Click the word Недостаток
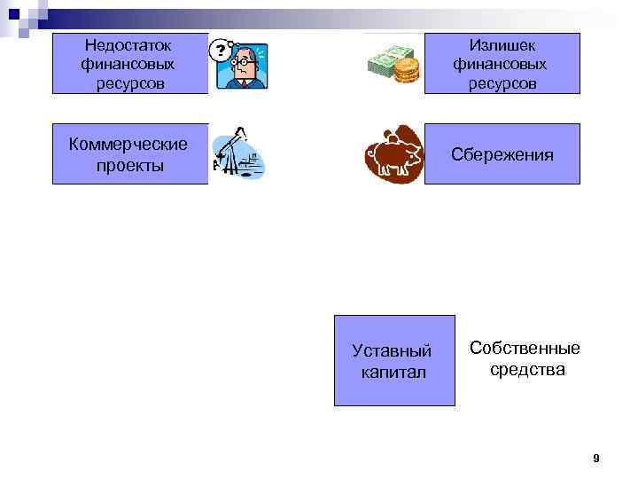coord(128,44)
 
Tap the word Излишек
coord(502,44)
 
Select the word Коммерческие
coord(128,144)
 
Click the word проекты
coord(130,165)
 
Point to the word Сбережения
coord(502,154)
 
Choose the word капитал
coord(393,372)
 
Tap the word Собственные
coord(525,348)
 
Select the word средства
coord(527,369)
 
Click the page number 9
coord(595,459)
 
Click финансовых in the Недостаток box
coord(128,64)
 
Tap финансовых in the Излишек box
coord(502,64)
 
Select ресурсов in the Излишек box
coord(502,83)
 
